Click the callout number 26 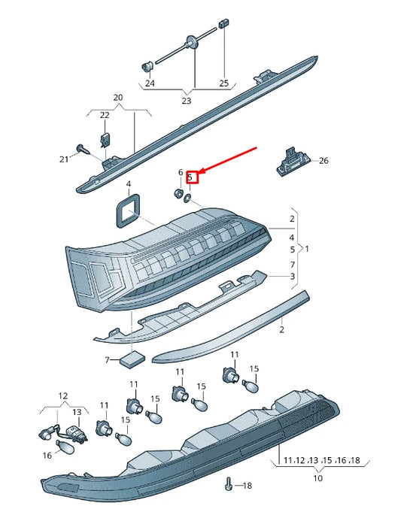pos(324,161)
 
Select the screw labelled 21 pos(83,149)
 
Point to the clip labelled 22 pos(105,140)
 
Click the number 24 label pos(150,83)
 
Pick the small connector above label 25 pos(223,23)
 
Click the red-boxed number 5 pos(190,177)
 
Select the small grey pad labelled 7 pos(132,359)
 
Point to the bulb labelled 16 pos(65,447)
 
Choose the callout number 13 pos(77,412)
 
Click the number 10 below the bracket pos(318,478)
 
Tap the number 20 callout pos(118,98)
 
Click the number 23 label pos(187,101)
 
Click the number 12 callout pos(63,396)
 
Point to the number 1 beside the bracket pos(307,249)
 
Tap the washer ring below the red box pos(187,198)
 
